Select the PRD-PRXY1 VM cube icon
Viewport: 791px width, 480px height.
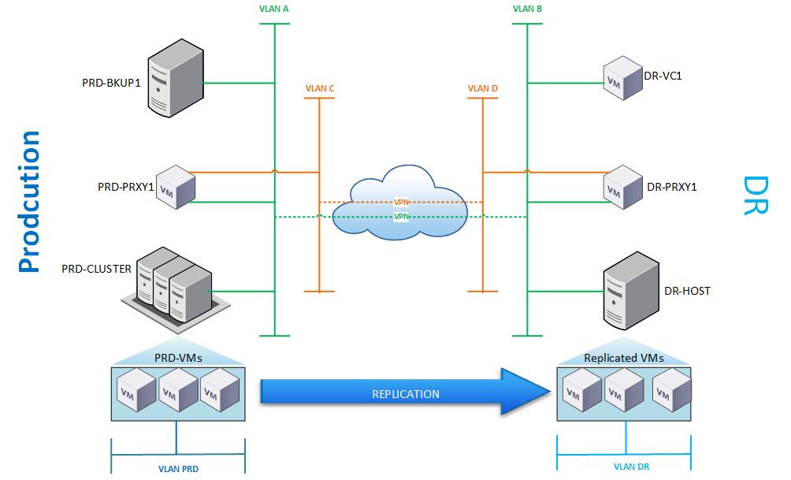[176, 188]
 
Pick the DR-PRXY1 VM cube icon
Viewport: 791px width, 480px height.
[622, 187]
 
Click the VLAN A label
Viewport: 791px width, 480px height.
[274, 10]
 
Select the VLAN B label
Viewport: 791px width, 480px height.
[527, 10]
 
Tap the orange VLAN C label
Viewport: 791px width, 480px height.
[320, 89]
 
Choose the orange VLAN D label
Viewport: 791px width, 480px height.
[482, 89]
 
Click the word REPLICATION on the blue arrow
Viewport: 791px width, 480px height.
[406, 393]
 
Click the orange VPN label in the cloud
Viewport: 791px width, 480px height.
[402, 203]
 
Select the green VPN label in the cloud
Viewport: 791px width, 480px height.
[402, 216]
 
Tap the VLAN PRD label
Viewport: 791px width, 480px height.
[178, 468]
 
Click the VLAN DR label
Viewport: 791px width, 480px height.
[631, 467]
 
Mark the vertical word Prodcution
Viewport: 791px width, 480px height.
[29, 201]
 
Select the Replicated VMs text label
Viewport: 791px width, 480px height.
[623, 358]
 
